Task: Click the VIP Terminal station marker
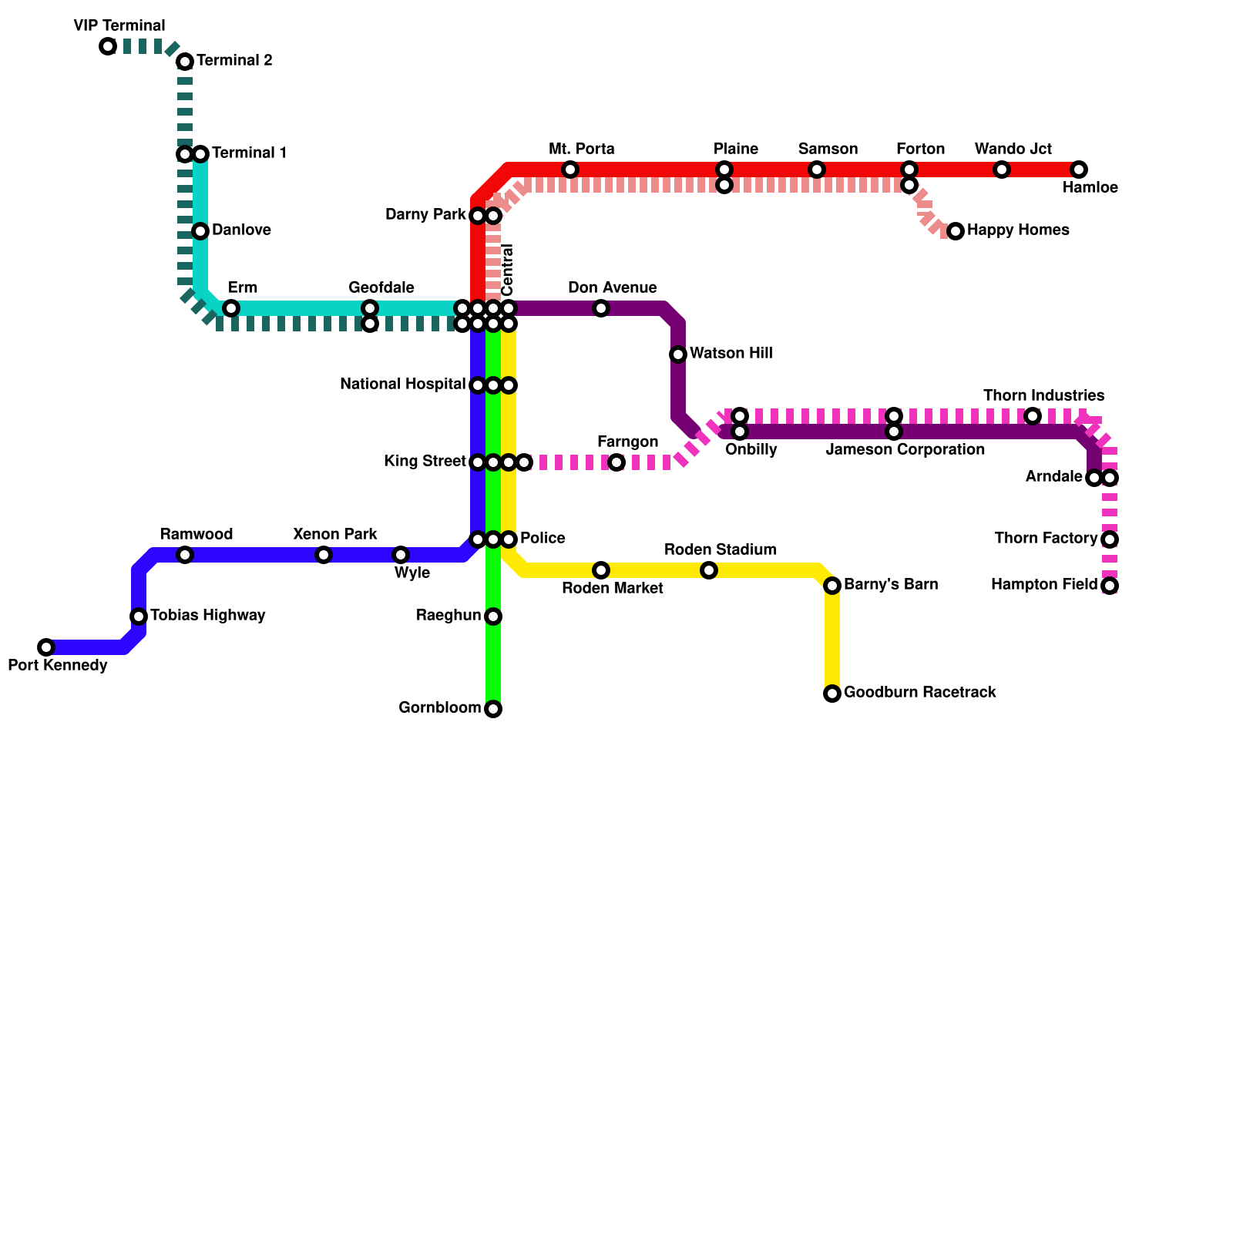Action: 108,46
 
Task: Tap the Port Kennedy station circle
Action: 46,647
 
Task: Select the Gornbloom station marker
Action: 493,709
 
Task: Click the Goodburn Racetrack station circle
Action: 832,694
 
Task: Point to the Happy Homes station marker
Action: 956,231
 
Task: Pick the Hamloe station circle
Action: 1079,170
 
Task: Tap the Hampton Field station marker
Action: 1110,586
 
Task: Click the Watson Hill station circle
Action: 678,354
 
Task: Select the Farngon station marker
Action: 616,462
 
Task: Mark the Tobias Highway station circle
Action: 139,616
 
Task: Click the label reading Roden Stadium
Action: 720,549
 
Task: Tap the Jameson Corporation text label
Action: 905,449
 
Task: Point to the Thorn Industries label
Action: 1043,395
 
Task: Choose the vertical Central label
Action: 507,270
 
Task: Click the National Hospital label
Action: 402,384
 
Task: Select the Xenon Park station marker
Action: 324,555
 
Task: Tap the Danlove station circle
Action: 200,231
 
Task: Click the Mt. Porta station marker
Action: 570,170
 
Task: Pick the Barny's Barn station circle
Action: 832,586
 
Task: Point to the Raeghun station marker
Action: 493,616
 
